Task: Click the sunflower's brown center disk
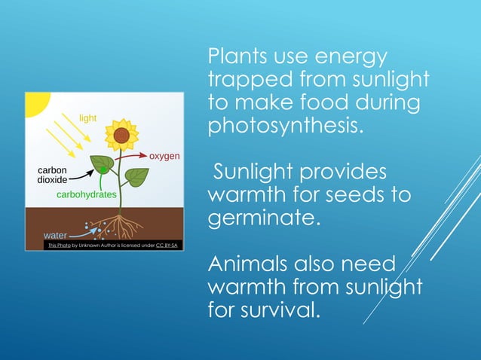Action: click(x=121, y=136)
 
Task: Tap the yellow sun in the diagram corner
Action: click(x=34, y=102)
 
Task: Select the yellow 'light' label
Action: click(x=89, y=118)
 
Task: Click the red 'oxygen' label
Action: click(x=164, y=156)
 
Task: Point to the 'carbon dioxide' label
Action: click(x=53, y=175)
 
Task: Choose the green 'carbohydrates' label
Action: click(x=87, y=194)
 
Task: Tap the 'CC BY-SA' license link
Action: click(x=167, y=246)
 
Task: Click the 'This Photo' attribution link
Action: click(x=58, y=246)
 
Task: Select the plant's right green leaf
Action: click(x=137, y=177)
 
